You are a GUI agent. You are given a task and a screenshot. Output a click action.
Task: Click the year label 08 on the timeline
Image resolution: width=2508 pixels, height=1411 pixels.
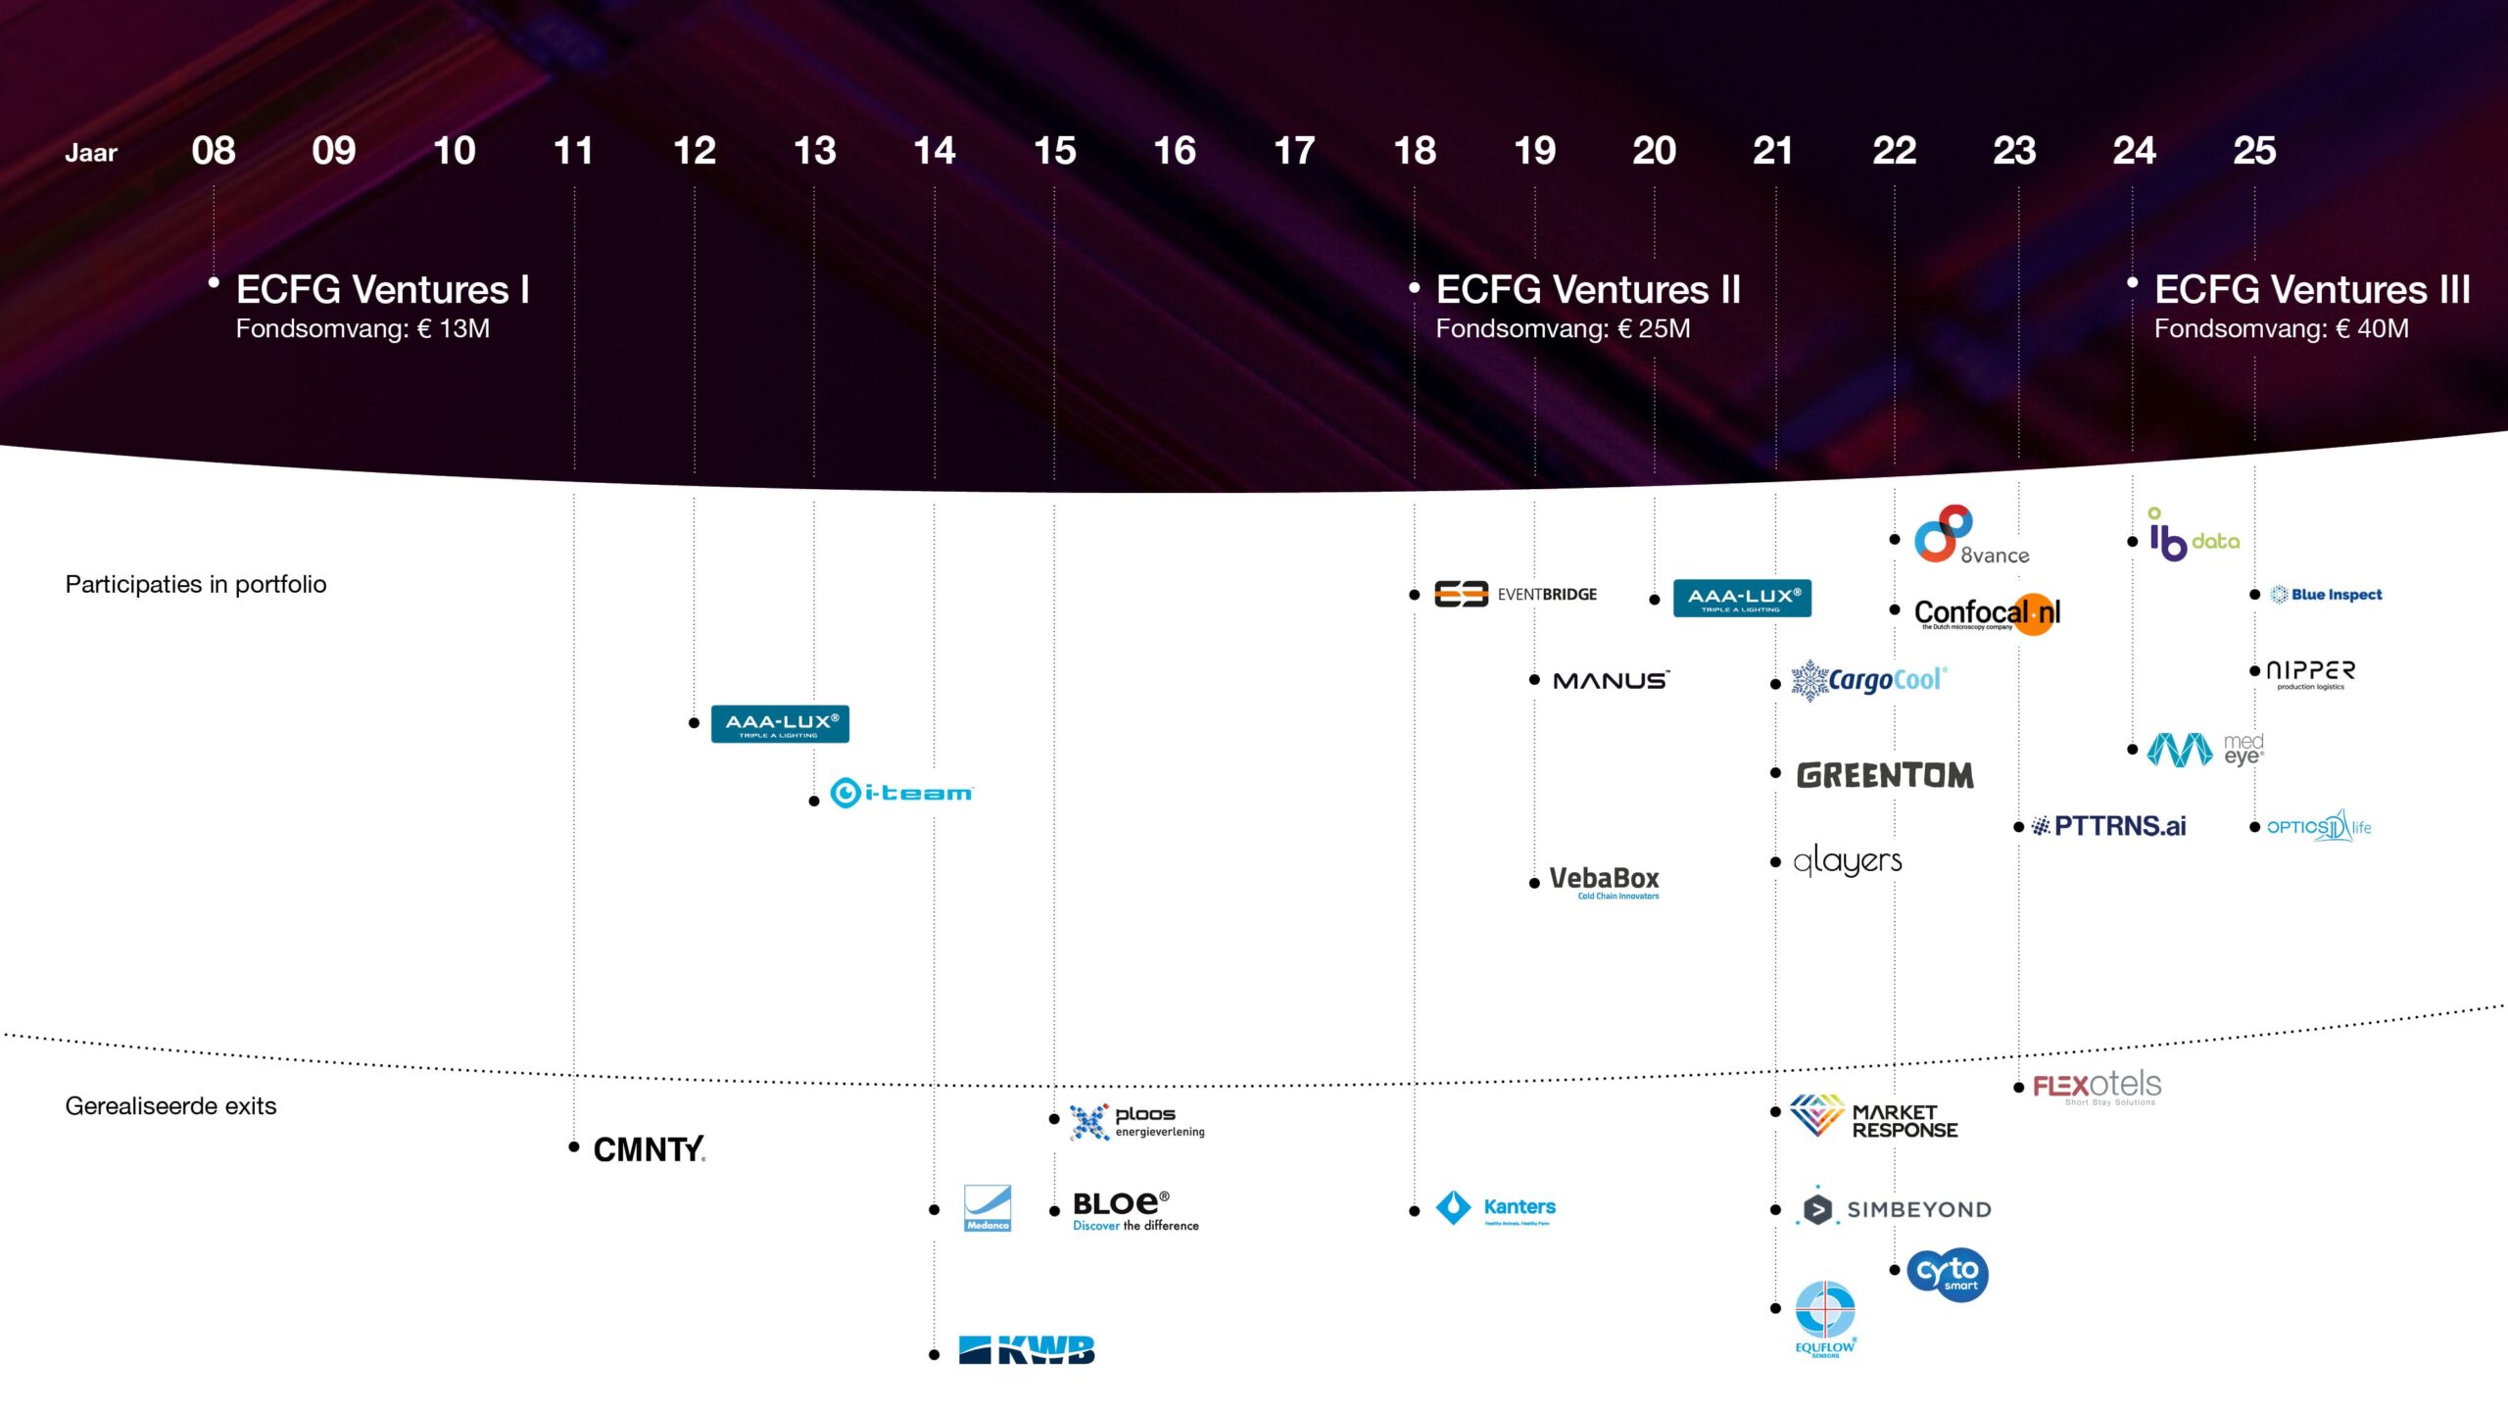[x=214, y=151]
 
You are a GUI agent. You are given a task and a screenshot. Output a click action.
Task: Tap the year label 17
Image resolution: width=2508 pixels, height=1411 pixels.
[x=1294, y=151]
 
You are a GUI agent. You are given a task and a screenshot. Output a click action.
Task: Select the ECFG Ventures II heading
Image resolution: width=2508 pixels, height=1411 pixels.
[x=1587, y=290]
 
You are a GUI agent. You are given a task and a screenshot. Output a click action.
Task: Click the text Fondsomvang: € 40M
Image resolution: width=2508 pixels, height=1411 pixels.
[x=2281, y=329]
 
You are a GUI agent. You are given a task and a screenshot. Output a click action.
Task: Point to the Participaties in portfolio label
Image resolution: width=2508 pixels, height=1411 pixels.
[x=196, y=585]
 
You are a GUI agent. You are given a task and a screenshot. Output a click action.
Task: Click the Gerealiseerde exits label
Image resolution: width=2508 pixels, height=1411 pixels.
[x=170, y=1106]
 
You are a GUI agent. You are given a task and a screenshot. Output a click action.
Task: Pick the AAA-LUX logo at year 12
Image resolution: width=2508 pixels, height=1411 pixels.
[x=780, y=724]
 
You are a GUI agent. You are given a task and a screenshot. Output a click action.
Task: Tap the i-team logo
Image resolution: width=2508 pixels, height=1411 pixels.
[x=901, y=793]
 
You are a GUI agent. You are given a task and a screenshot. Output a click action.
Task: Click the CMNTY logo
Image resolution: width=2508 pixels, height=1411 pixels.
[x=649, y=1149]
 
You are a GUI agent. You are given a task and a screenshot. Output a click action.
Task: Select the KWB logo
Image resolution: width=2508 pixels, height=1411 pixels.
[x=1026, y=1350]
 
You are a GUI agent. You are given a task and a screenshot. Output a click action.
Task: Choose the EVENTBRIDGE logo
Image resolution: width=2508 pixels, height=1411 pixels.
[x=1516, y=595]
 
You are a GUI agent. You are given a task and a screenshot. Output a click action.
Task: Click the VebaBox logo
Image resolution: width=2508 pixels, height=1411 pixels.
[x=1604, y=880]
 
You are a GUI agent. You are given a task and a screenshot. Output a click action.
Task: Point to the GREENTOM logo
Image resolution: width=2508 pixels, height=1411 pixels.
[x=1885, y=776]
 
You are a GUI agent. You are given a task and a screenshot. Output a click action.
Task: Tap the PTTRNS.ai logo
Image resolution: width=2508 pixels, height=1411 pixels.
[x=2108, y=827]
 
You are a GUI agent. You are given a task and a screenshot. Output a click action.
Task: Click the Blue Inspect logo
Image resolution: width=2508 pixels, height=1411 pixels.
[x=2326, y=595]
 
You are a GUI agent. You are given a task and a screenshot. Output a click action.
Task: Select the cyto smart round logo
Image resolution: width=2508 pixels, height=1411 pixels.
[x=1948, y=1274]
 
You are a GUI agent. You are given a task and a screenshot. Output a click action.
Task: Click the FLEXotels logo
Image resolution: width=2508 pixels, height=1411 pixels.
[x=2097, y=1087]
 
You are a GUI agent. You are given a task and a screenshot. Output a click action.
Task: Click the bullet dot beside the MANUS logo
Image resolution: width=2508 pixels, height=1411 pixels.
[x=1534, y=680]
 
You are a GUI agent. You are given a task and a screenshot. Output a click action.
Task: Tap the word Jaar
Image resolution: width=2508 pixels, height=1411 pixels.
[x=91, y=153]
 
